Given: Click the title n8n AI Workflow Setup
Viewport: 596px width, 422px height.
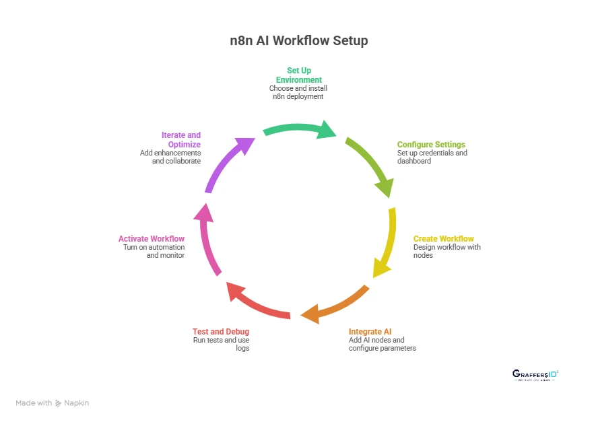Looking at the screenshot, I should (298, 40).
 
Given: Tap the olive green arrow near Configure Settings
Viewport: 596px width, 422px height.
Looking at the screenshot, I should (371, 166).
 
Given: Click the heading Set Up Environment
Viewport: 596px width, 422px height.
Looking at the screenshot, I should (298, 75).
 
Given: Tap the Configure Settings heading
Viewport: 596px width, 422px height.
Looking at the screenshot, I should (431, 145).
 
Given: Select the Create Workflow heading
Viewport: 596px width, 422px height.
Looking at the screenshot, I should (443, 239).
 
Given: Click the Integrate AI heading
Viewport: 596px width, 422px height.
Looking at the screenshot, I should (370, 331).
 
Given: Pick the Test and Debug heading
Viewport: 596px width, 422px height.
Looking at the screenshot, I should (221, 331).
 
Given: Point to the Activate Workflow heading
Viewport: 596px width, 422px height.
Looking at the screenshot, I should (152, 239).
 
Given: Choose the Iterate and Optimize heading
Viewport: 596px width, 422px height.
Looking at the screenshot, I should (181, 140).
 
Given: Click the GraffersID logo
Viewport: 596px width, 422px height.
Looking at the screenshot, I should (536, 374).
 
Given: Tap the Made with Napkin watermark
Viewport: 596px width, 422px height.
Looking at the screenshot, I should (53, 403).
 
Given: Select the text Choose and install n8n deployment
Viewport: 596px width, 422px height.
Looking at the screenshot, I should (298, 92).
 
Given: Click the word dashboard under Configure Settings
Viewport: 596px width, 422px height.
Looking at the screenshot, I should (414, 162).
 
